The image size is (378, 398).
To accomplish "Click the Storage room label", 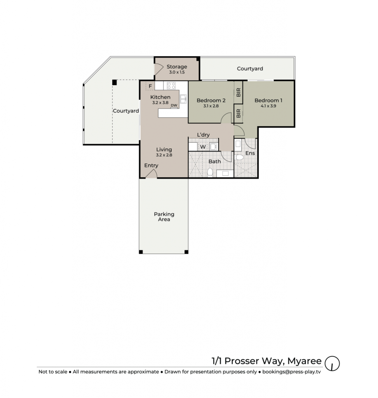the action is (177, 67).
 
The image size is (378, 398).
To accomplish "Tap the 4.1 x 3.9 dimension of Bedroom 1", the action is (268, 106).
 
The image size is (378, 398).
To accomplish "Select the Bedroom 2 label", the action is (211, 101).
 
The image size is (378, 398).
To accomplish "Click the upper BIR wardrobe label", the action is (239, 93).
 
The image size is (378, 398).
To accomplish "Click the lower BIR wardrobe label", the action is (239, 113).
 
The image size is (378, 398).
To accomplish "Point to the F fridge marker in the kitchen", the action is (150, 86).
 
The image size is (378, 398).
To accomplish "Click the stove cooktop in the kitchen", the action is (171, 86).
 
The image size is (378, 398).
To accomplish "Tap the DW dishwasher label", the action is (174, 105).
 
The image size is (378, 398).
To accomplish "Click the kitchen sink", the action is (183, 99).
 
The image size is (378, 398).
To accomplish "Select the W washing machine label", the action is (203, 147).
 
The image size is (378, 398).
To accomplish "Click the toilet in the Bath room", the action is (210, 172).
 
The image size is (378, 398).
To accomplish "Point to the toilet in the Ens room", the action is (239, 157).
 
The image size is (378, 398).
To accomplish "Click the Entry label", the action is (151, 166).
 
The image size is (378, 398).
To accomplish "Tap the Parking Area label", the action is (164, 217).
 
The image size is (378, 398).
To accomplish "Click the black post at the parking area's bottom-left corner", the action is (141, 252).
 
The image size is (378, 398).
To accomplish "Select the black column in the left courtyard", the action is (115, 82).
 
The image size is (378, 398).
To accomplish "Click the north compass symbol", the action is (332, 363).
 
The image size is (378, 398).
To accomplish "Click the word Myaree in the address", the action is (305, 361).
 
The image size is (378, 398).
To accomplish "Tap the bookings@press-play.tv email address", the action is (291, 372).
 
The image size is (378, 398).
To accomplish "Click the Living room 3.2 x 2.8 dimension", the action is (164, 155).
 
